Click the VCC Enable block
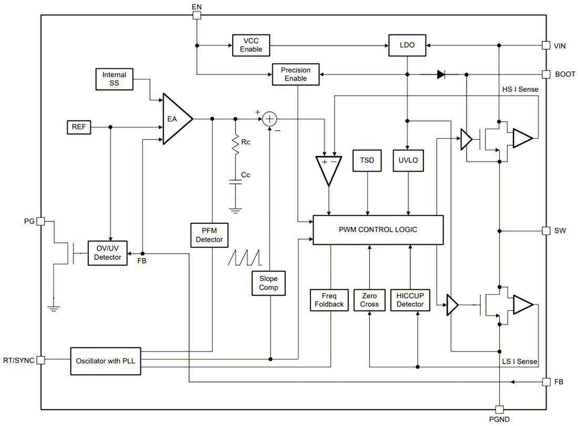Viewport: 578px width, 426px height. click(x=251, y=45)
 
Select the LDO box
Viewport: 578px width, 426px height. click(x=407, y=45)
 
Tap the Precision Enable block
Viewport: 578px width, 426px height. click(x=296, y=74)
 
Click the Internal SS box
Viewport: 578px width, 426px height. click(x=115, y=79)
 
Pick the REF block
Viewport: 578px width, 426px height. click(x=79, y=127)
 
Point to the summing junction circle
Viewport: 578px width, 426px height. click(x=270, y=119)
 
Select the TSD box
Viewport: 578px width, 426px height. click(x=367, y=160)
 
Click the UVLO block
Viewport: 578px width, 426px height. click(x=408, y=160)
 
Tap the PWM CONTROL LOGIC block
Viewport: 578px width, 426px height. click(x=378, y=230)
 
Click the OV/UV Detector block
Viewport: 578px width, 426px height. click(x=107, y=253)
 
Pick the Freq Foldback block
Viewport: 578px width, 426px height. click(x=329, y=300)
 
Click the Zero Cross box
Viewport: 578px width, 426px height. click(x=369, y=300)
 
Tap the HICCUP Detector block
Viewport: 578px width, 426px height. click(x=410, y=300)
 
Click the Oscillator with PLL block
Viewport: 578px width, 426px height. click(x=106, y=360)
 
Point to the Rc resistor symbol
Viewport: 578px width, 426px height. click(x=235, y=143)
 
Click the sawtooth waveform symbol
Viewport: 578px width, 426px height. click(x=244, y=257)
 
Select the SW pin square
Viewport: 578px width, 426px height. click(x=546, y=231)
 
